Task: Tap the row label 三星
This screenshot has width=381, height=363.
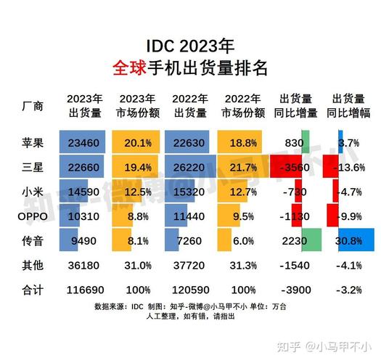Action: [x=33, y=167]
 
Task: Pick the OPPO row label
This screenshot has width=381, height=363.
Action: [x=33, y=216]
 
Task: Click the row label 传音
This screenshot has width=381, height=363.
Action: [x=33, y=240]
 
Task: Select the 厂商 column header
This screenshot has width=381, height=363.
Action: [x=33, y=106]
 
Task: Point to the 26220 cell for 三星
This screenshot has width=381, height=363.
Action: [x=187, y=167]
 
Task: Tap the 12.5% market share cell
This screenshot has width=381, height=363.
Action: [x=138, y=192]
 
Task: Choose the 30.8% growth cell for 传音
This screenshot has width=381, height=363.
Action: [x=351, y=240]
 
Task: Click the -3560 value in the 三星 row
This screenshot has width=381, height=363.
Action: [x=294, y=167]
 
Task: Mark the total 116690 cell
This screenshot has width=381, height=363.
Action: [x=85, y=290]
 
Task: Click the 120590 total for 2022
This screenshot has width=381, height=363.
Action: [x=187, y=290]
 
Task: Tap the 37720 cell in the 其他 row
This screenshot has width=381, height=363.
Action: [x=187, y=265]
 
